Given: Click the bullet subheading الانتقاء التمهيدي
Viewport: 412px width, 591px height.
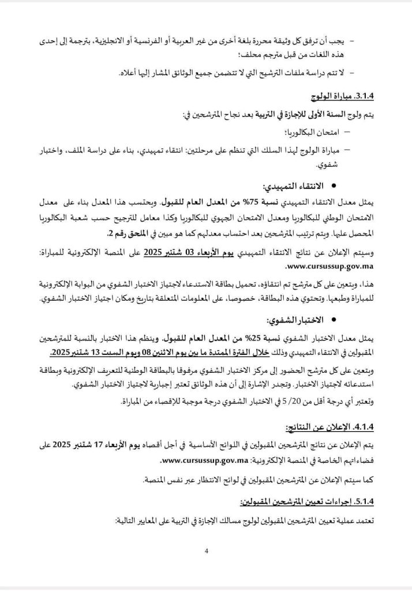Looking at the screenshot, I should [298, 187].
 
